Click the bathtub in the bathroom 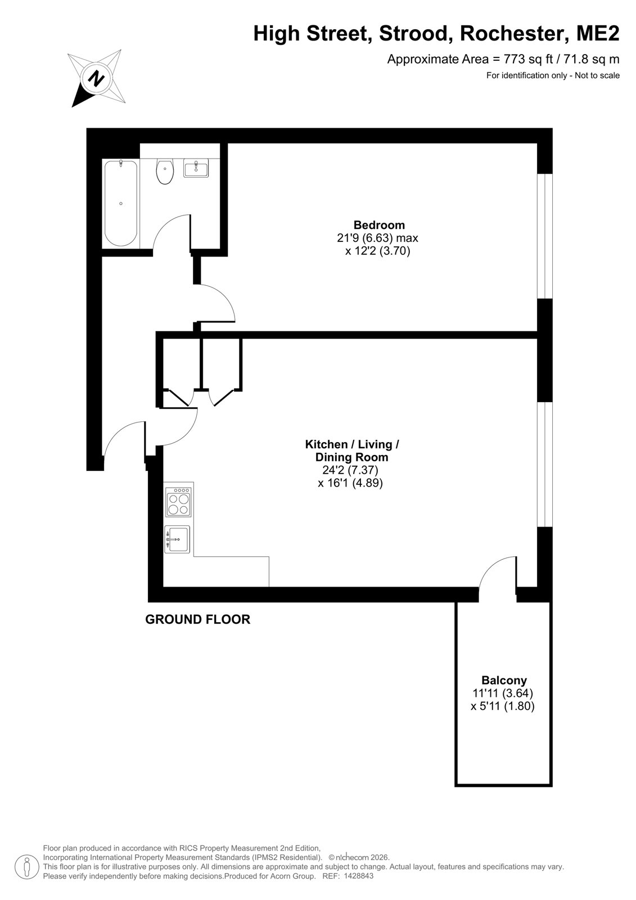tap(120, 203)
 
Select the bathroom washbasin tap(196, 168)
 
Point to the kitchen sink tap(177, 539)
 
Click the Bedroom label tap(379, 225)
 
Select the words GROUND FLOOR tap(198, 619)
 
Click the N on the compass tap(96, 78)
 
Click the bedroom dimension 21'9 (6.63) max tap(378, 238)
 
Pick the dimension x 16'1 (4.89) tap(350, 483)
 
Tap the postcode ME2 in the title tap(598, 33)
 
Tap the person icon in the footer tap(27, 867)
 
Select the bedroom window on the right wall tap(545, 236)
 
